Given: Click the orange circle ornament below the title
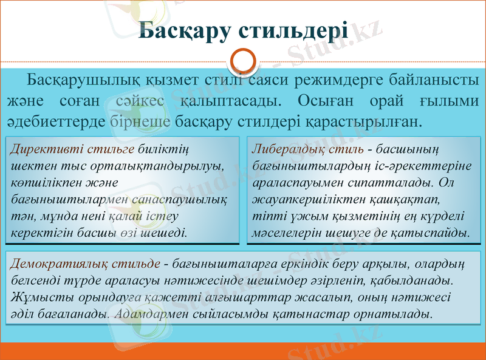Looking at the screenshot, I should point(243,63).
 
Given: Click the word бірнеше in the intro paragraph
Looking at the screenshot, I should point(141,121).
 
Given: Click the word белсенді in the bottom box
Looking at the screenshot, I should point(36,281).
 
